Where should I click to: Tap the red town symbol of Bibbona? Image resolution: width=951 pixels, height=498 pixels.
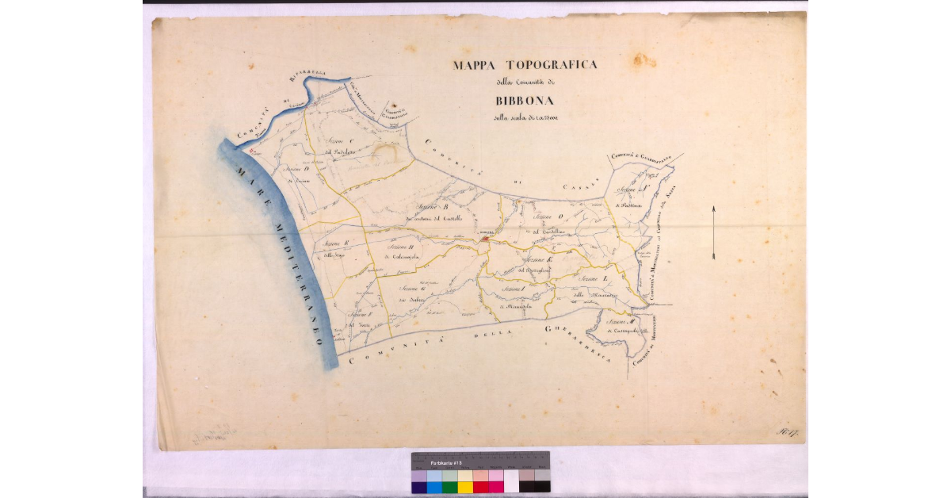point(484,237)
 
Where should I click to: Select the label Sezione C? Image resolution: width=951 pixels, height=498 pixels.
point(339,141)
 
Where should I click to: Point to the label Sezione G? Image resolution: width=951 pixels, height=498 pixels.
point(413,287)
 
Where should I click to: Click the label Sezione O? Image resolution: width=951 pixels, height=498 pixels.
point(548,216)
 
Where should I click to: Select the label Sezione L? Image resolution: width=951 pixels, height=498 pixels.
point(593,282)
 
